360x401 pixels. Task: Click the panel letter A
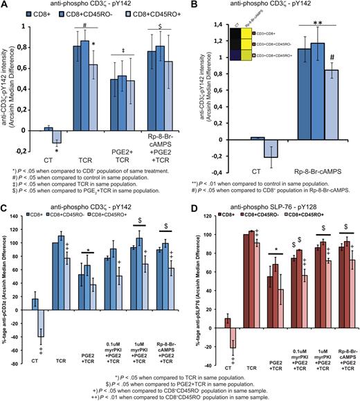[x=5, y=6]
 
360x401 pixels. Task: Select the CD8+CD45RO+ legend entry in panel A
[x=138, y=12]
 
